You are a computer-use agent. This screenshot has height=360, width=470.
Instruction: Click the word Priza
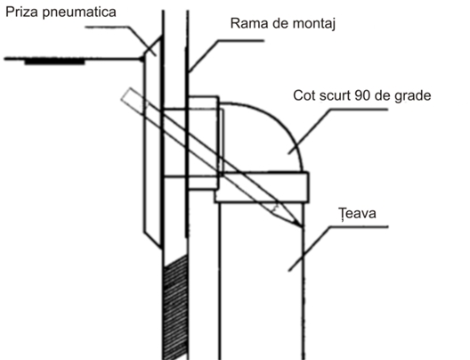click(x=22, y=12)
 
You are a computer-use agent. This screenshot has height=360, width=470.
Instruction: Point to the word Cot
click(x=304, y=95)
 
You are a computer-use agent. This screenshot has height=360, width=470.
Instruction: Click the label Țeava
click(x=357, y=213)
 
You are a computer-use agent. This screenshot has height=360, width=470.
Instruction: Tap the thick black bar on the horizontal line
click(x=54, y=62)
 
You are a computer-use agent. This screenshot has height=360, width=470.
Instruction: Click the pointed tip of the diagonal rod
click(x=302, y=225)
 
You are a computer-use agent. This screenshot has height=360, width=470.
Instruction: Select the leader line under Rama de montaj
click(x=226, y=56)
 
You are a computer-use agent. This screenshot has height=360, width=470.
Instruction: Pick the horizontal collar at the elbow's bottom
click(x=262, y=187)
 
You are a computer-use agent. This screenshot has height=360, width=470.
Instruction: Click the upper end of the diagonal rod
click(x=126, y=94)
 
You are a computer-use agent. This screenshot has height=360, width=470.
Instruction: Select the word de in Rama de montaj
click(x=280, y=23)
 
